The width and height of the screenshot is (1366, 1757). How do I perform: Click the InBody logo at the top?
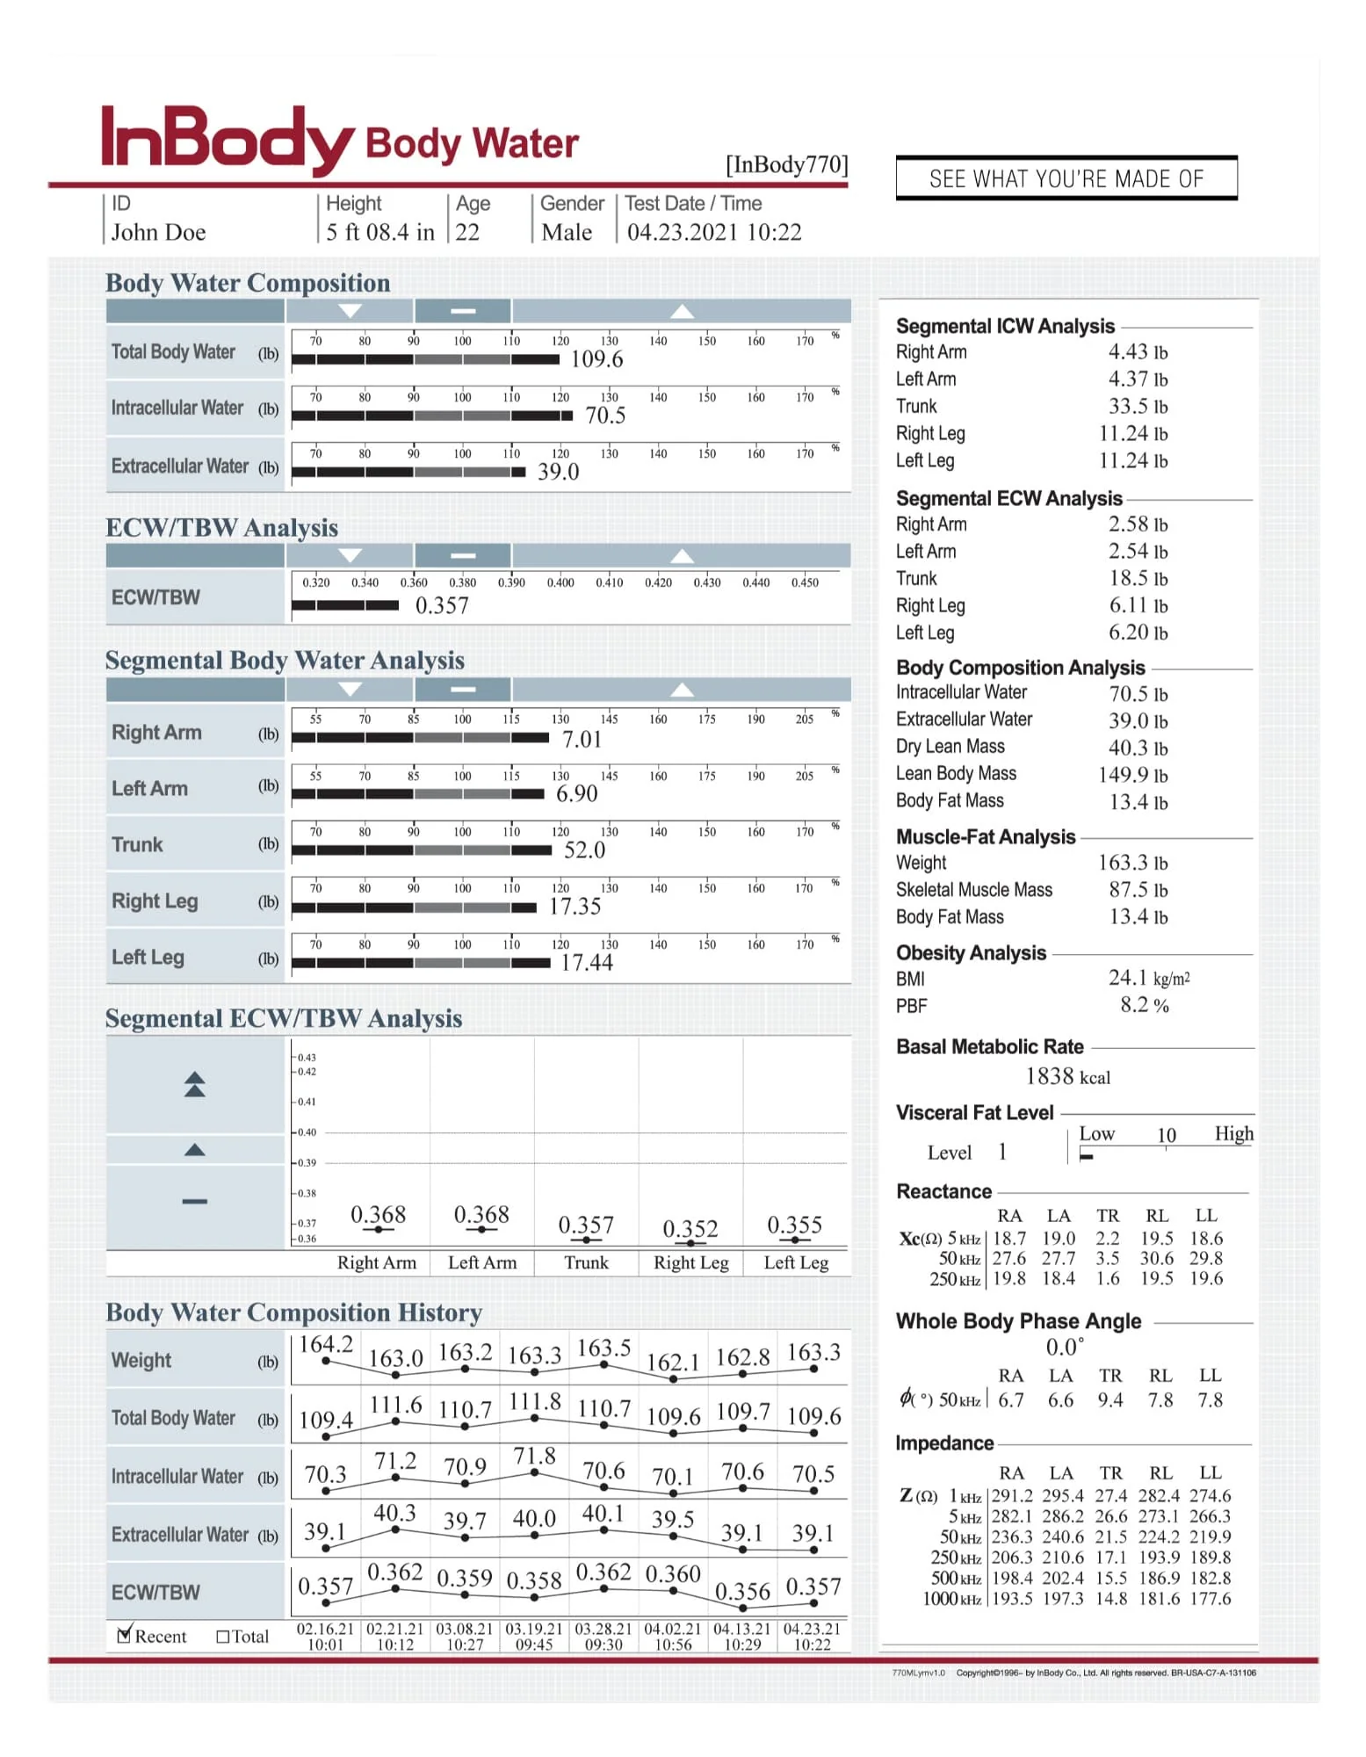[x=227, y=138]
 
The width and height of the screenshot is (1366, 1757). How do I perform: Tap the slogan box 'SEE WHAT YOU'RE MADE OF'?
[x=1066, y=178]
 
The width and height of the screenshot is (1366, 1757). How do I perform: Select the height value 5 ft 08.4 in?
[x=379, y=232]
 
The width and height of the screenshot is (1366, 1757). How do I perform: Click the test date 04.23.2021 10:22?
[x=713, y=232]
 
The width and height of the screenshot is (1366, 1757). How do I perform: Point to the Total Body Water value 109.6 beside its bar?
[x=596, y=359]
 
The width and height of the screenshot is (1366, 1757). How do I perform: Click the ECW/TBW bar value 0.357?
[x=442, y=605]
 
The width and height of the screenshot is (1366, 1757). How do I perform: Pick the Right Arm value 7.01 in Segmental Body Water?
[x=582, y=740]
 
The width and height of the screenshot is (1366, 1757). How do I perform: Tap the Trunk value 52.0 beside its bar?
[x=584, y=850]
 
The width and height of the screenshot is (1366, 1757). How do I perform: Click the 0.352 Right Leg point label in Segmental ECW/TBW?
[x=690, y=1228]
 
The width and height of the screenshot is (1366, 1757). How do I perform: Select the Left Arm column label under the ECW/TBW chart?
[x=482, y=1262]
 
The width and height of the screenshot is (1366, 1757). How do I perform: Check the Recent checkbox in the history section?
[x=125, y=1635]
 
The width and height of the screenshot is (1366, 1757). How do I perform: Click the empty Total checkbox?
[x=222, y=1636]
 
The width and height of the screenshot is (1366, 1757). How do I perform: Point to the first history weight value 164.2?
[x=326, y=1344]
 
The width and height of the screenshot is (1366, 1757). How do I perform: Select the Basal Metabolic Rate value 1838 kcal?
[x=1067, y=1076]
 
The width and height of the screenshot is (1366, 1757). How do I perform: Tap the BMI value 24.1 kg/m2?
[x=1148, y=978]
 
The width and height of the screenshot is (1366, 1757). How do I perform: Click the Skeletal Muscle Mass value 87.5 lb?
[x=1138, y=890]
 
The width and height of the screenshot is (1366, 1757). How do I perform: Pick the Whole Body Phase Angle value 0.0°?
[x=1065, y=1347]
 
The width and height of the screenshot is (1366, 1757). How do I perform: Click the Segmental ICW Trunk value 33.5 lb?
[x=1138, y=406]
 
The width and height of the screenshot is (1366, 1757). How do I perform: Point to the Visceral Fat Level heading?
[x=974, y=1113]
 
